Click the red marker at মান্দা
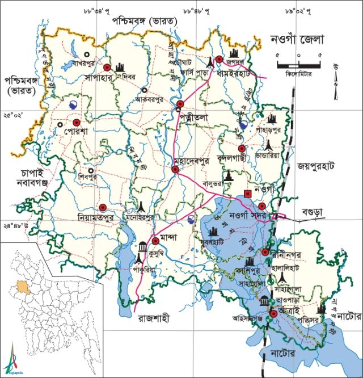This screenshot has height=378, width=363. pyautogui.click(x=155, y=241)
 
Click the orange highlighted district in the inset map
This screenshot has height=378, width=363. pyautogui.click(x=22, y=285)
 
